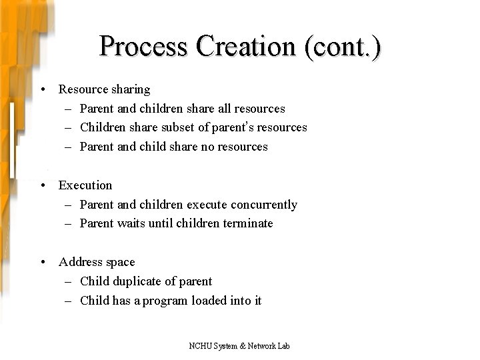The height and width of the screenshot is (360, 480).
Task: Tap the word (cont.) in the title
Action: click(342, 47)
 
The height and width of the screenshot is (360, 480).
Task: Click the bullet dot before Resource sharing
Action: click(41, 89)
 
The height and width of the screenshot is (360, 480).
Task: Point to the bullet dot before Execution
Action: click(41, 185)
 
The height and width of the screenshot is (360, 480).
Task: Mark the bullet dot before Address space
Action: click(41, 263)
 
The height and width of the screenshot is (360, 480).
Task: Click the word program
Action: click(165, 301)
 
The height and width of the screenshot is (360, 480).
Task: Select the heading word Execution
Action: click(85, 185)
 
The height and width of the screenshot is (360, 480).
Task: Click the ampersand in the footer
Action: click(243, 346)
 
